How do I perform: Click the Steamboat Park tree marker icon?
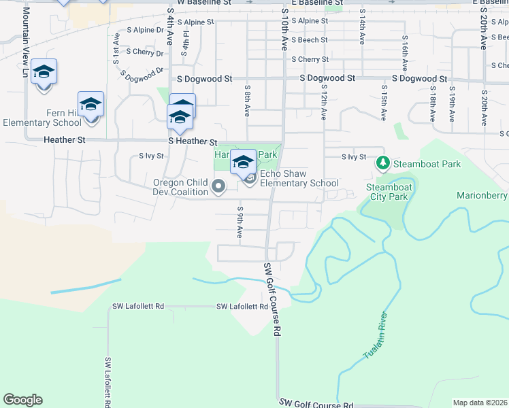point(383,164)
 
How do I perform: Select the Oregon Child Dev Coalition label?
point(180,187)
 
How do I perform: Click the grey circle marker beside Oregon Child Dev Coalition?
point(218,186)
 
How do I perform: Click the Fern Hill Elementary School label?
point(42,118)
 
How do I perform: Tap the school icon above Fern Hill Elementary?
point(91,105)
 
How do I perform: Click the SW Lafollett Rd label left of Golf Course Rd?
point(242,307)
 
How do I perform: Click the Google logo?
point(22,400)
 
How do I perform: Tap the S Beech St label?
point(309,40)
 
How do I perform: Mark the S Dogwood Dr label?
point(142,70)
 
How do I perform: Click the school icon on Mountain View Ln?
point(44,72)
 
